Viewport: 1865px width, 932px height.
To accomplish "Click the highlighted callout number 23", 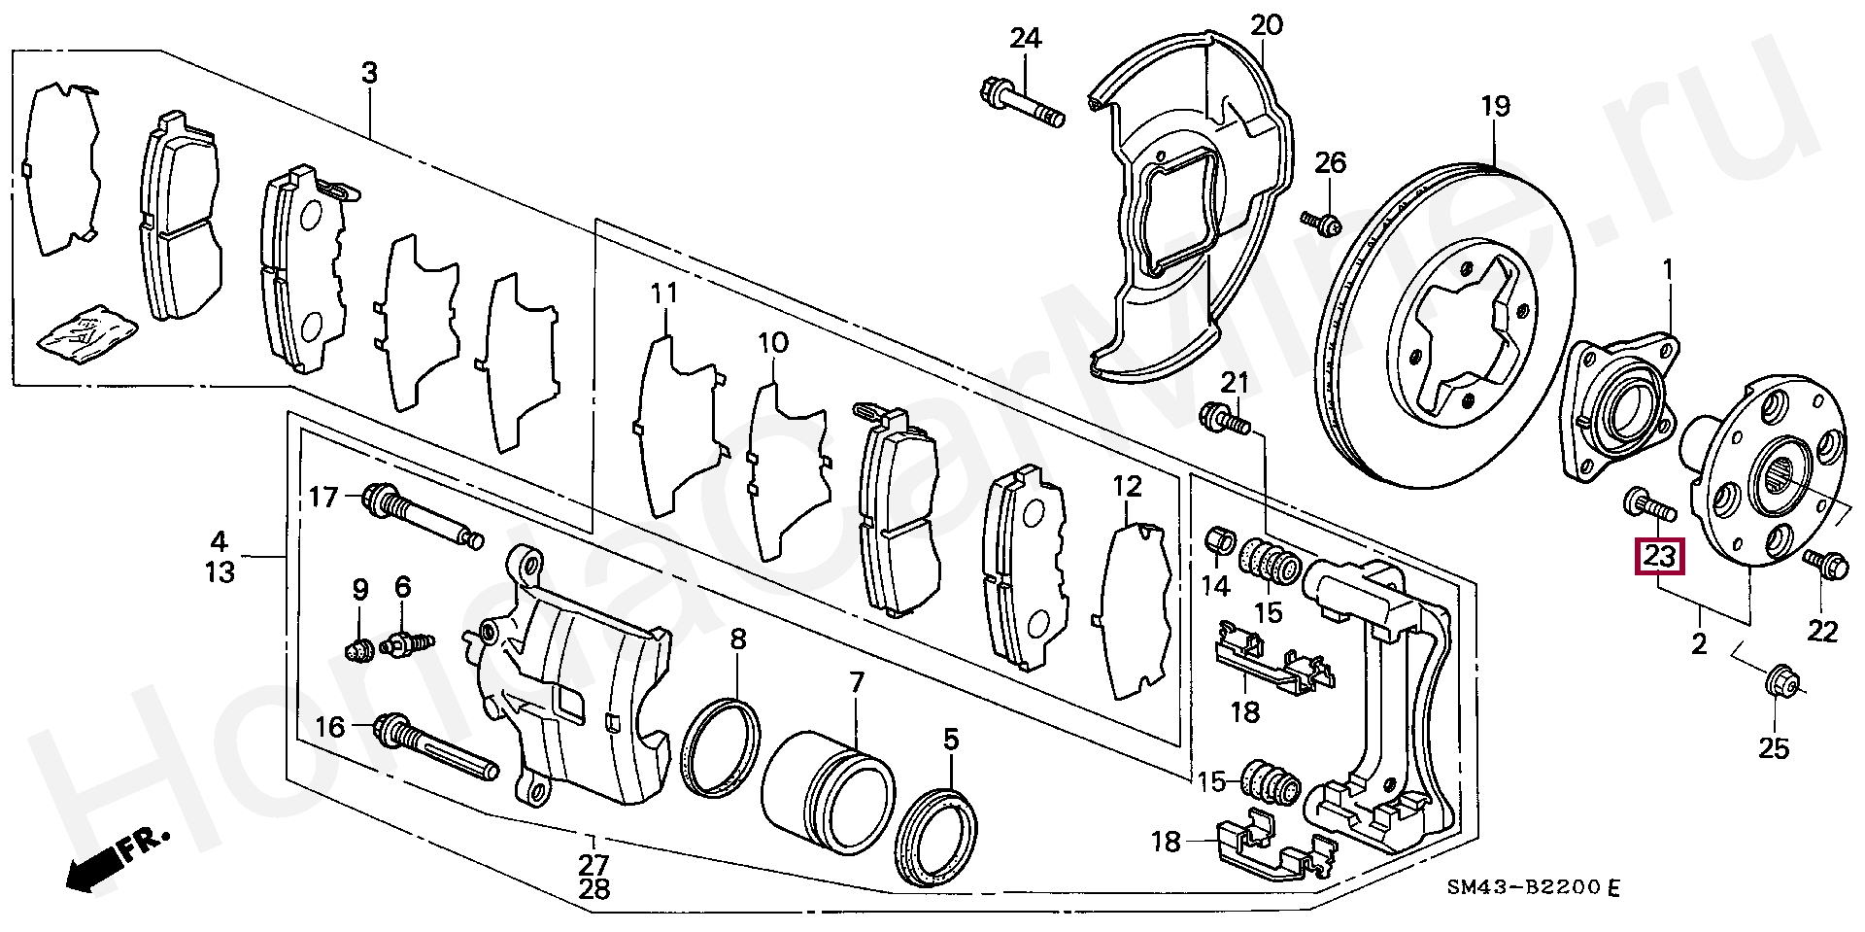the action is pyautogui.click(x=1659, y=557).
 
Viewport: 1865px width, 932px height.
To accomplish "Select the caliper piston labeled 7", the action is pyautogui.click(x=827, y=792).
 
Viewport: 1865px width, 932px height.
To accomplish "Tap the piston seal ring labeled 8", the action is pyautogui.click(x=720, y=747).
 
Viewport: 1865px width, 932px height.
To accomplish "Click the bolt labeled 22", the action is pyautogui.click(x=1826, y=564).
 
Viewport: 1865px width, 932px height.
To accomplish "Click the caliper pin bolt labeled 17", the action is pyautogui.click(x=423, y=516).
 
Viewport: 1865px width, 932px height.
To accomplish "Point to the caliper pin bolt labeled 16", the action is pyautogui.click(x=436, y=747).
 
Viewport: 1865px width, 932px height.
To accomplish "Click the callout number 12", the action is pyautogui.click(x=1127, y=485).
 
